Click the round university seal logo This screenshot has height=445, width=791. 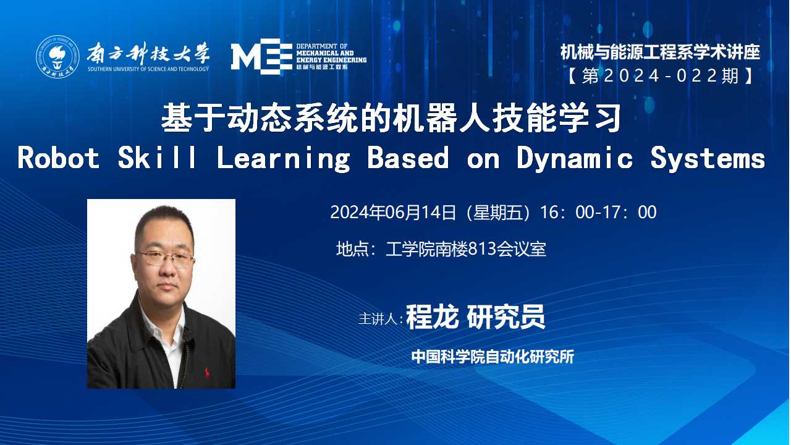(x=57, y=56)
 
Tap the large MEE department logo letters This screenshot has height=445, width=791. (x=261, y=56)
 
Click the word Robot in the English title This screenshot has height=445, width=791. (x=59, y=158)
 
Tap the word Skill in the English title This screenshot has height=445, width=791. (x=157, y=158)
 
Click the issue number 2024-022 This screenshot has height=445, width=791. (x=661, y=76)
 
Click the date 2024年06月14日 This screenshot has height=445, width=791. (x=392, y=212)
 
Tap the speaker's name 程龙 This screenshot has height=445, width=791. (x=432, y=317)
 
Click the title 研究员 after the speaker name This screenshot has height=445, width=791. (x=506, y=317)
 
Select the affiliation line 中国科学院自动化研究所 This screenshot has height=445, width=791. (x=493, y=357)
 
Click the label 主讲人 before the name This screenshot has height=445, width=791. (x=380, y=319)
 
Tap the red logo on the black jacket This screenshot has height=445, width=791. (x=206, y=371)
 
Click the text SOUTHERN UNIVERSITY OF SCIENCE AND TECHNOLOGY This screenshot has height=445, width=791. (x=148, y=69)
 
